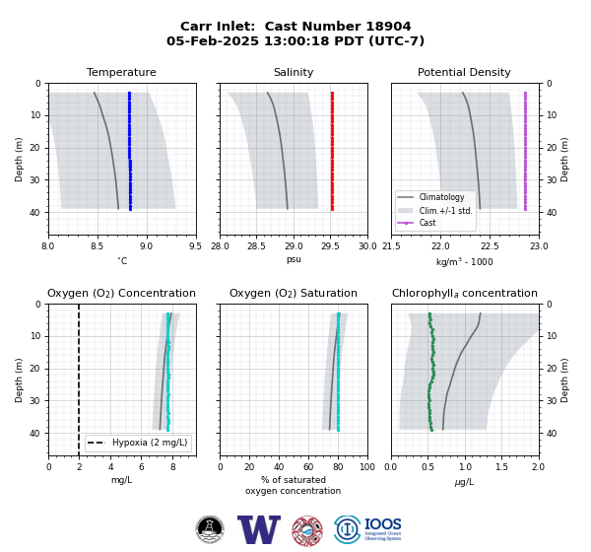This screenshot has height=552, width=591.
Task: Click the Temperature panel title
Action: [121, 72]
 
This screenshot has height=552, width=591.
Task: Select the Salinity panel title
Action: [294, 72]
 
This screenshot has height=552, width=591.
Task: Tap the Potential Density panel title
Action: [464, 72]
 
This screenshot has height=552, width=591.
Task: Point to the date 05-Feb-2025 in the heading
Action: [213, 40]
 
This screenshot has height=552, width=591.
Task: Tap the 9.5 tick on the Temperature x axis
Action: [195, 246]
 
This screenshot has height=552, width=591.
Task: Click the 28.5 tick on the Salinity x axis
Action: [256, 246]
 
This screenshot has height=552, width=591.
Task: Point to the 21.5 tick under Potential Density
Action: [391, 246]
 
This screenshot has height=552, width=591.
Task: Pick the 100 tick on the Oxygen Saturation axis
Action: [367, 467]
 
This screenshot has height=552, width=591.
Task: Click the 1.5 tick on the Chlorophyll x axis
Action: [501, 467]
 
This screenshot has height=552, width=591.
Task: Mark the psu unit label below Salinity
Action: [294, 259]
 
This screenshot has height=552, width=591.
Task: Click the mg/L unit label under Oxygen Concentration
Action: [121, 480]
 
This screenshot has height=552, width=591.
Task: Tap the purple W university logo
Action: [259, 529]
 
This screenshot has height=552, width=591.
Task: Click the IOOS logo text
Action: [382, 524]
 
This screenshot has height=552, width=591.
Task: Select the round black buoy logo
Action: [210, 529]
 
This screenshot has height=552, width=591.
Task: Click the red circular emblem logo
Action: [307, 531]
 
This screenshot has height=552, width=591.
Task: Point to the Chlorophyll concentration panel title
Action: [464, 293]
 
